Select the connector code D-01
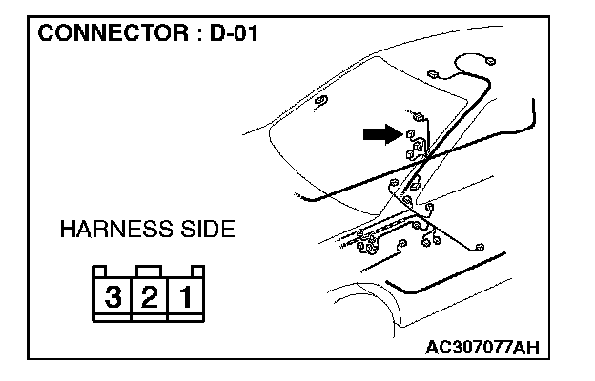coord(233,34)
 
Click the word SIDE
coord(199,231)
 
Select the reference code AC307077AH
coord(482,345)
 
